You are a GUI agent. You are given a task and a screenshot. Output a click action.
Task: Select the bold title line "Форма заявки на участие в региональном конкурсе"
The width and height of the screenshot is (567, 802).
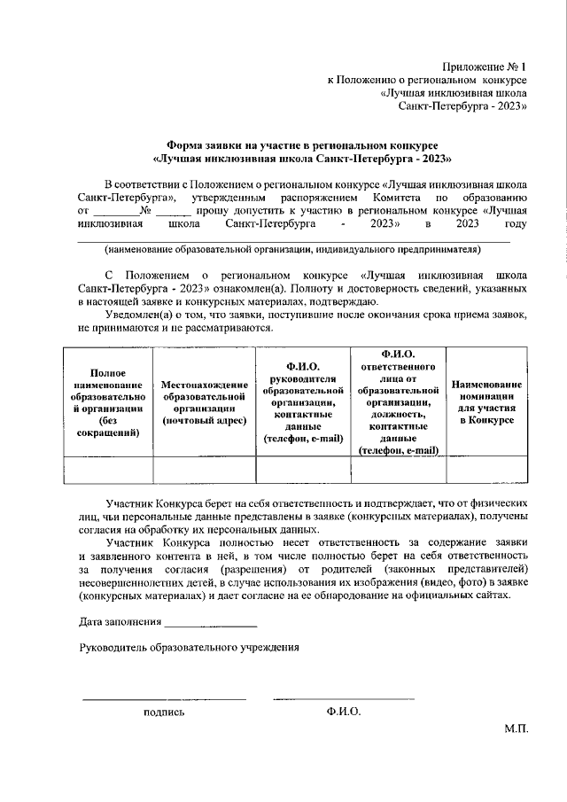tap(303, 144)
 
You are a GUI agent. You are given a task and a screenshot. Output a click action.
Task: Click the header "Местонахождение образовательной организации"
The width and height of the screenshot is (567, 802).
tap(205, 403)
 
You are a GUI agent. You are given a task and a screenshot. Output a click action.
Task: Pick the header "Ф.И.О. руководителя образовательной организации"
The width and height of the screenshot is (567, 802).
tap(304, 402)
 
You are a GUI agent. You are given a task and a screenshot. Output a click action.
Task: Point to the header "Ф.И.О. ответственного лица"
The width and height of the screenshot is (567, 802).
tap(399, 402)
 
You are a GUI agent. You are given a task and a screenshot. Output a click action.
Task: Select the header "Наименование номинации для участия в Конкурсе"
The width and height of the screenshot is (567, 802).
tap(486, 403)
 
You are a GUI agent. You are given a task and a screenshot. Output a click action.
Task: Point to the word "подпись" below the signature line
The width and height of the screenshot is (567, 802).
tap(164, 712)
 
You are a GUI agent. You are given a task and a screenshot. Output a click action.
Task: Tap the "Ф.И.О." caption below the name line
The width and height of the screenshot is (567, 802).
tap(343, 712)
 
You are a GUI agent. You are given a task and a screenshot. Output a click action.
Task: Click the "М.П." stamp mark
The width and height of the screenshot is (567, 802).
tap(516, 728)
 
